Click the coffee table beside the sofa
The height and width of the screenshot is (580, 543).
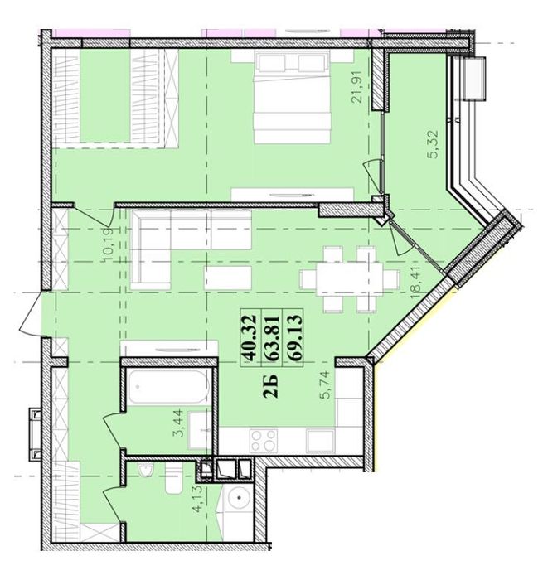(x=227, y=277)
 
